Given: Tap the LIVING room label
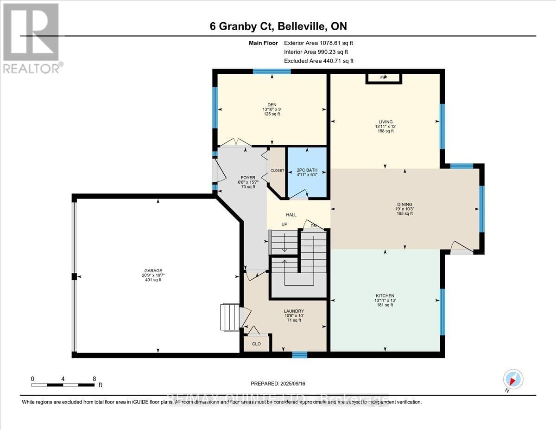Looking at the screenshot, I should tap(385, 122).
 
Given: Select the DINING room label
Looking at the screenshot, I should tap(404, 204).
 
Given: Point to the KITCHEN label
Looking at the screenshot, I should tap(385, 295).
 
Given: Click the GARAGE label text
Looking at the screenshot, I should tap(153, 270).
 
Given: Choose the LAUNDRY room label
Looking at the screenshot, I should tap(294, 311).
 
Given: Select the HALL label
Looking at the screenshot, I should tap(291, 215).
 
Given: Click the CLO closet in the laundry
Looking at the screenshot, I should tap(256, 344).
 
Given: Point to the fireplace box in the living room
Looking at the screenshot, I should tap(384, 78).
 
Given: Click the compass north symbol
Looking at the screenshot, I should tap(513, 379).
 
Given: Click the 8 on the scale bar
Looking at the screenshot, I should tap(94, 378).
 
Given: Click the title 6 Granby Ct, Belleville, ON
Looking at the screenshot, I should tap(278, 26).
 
